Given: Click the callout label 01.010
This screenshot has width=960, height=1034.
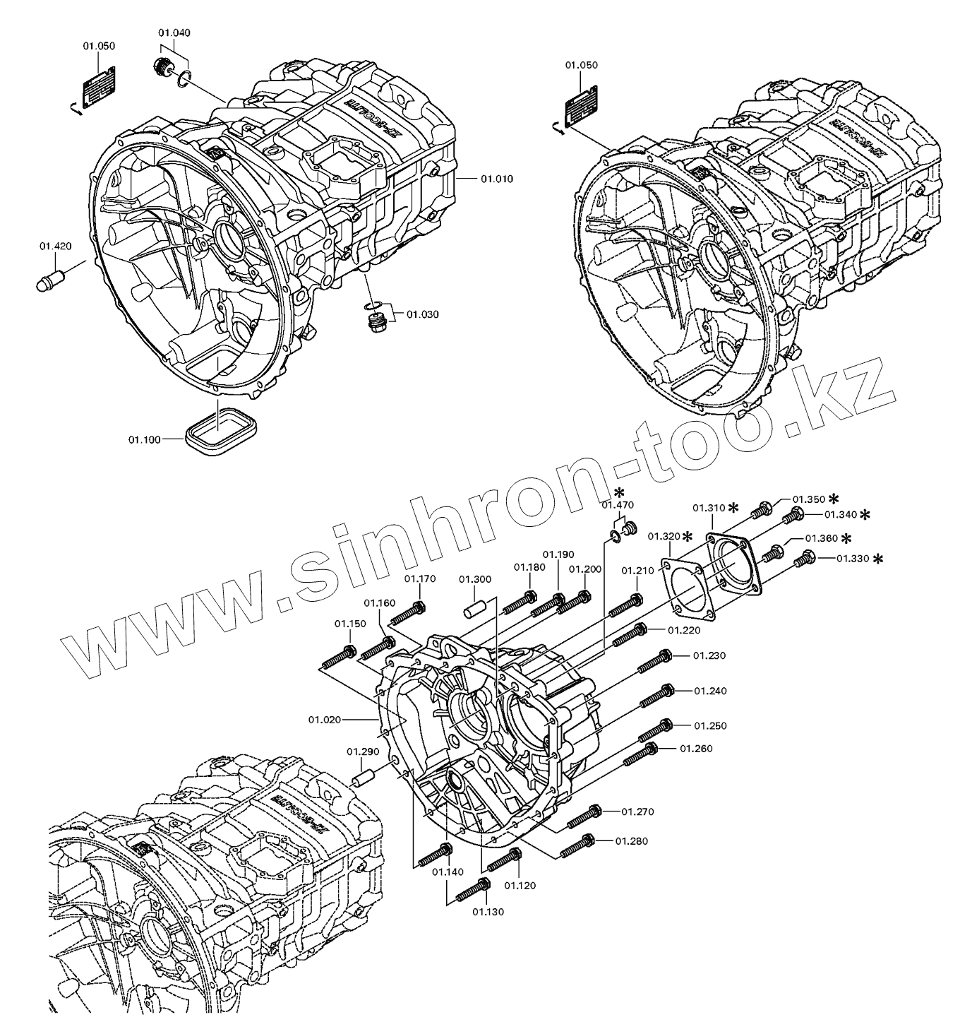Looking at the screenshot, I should (497, 179).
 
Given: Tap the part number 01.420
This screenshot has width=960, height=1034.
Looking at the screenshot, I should (55, 246).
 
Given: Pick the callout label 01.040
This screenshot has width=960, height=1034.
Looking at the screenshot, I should (174, 32).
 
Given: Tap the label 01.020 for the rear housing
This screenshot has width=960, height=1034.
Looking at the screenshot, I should (325, 720).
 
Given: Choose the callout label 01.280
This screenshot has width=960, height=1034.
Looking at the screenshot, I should (631, 841).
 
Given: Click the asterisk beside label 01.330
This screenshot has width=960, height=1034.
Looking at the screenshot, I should (878, 559).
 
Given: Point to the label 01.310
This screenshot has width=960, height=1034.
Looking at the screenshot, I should (709, 508).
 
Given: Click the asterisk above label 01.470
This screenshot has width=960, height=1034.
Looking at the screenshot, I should (619, 492).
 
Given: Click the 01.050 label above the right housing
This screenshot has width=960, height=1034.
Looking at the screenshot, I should (581, 65).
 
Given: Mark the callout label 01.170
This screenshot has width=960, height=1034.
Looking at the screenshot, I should (420, 579).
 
